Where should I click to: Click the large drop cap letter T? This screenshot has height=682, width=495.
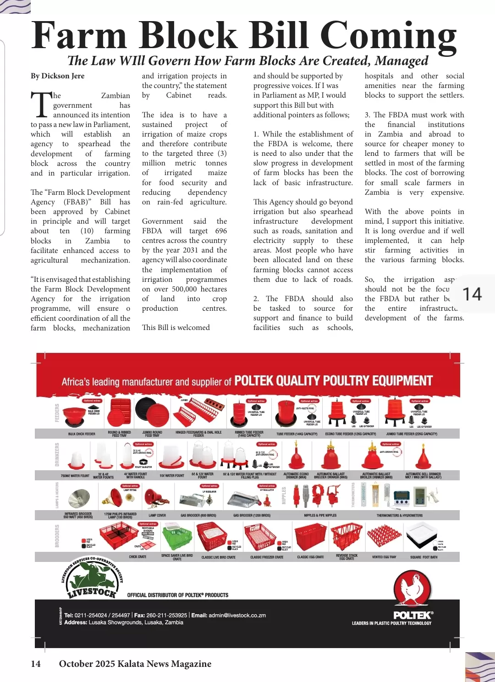[x=41, y=104]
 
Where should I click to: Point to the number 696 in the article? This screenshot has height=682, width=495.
[x=221, y=231]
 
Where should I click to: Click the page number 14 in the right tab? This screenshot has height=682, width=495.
[x=472, y=294]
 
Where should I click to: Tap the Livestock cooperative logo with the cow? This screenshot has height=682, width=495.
[x=92, y=579]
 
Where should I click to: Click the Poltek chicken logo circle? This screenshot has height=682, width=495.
[x=412, y=589]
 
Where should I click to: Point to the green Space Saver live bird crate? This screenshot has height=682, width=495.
[x=177, y=537]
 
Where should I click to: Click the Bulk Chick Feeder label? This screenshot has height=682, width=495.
[x=82, y=434]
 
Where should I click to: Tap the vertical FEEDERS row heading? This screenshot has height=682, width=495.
[x=57, y=413]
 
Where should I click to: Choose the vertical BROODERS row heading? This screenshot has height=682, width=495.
[x=57, y=536]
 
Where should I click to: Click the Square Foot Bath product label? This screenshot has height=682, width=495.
[x=423, y=557]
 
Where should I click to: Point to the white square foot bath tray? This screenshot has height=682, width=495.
[x=423, y=535]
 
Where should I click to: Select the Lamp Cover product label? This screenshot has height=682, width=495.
[x=157, y=516]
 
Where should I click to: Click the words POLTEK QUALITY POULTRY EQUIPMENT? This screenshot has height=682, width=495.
[x=333, y=381]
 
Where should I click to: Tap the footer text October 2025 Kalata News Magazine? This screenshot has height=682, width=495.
[x=135, y=664]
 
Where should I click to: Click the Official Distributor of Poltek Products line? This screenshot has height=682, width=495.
[x=177, y=595]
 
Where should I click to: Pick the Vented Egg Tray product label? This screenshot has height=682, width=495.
[x=384, y=557]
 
